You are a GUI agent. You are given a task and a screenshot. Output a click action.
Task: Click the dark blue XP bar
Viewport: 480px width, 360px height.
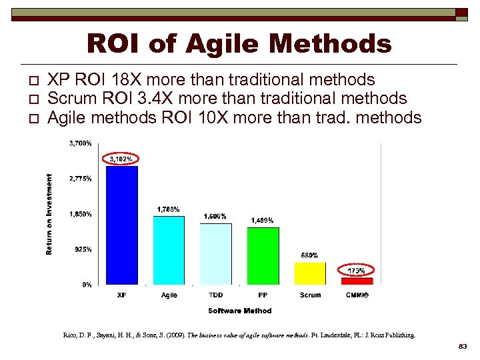122,225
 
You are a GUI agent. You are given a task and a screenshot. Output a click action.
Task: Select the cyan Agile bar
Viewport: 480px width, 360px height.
169,251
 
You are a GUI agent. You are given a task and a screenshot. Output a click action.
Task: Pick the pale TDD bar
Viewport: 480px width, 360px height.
216,254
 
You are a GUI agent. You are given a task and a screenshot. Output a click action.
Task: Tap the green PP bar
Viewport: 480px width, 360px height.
263,256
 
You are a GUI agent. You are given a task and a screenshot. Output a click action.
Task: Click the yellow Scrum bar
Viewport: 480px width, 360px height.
310,273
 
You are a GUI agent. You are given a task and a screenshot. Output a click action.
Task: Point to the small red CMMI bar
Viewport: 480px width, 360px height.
357,281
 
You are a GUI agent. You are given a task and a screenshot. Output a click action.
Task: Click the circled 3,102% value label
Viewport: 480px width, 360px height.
121,159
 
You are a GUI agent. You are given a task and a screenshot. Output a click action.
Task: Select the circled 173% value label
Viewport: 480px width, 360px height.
356,271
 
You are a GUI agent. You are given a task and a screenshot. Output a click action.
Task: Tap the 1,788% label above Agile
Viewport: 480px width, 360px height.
168,209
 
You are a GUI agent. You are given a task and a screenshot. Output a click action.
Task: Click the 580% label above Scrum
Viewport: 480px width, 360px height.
309,255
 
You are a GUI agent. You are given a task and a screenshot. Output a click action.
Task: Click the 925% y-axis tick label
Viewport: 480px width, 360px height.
83,249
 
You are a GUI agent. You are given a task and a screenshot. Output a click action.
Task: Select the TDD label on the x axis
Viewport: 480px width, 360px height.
216,295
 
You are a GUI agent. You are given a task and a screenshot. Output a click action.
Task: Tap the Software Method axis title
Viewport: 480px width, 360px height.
239,311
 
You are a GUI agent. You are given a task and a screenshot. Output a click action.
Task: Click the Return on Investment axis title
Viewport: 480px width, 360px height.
49,214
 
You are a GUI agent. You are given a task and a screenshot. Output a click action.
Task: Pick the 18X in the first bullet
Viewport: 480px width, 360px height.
136,80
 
